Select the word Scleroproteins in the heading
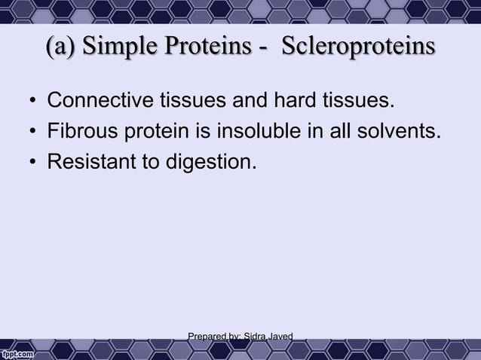pyautogui.click(x=359, y=47)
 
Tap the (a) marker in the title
pyautogui.click(x=63, y=47)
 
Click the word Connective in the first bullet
pyautogui.click(x=90, y=101)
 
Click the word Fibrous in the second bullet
pyautogui.click(x=78, y=133)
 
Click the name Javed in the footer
pyautogui.click(x=277, y=336)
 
